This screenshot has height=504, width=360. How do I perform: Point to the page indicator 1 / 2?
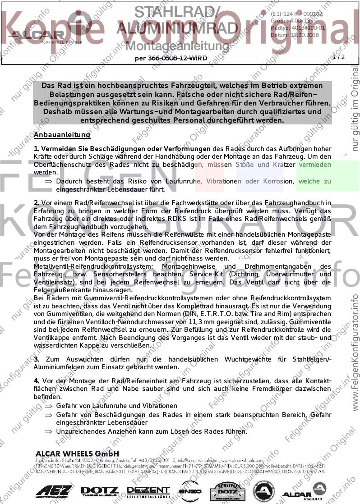[x=338, y=57]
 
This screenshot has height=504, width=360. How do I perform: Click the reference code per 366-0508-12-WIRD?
[x=171, y=58]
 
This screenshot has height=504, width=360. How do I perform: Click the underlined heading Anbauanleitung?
[x=62, y=135]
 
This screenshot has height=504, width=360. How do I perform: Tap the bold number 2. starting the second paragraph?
[x=37, y=203]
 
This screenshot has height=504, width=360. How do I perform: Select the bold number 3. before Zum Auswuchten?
[x=37, y=359]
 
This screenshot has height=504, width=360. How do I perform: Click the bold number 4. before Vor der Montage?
[x=37, y=381]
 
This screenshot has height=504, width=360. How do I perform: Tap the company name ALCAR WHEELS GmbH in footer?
[x=77, y=453]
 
